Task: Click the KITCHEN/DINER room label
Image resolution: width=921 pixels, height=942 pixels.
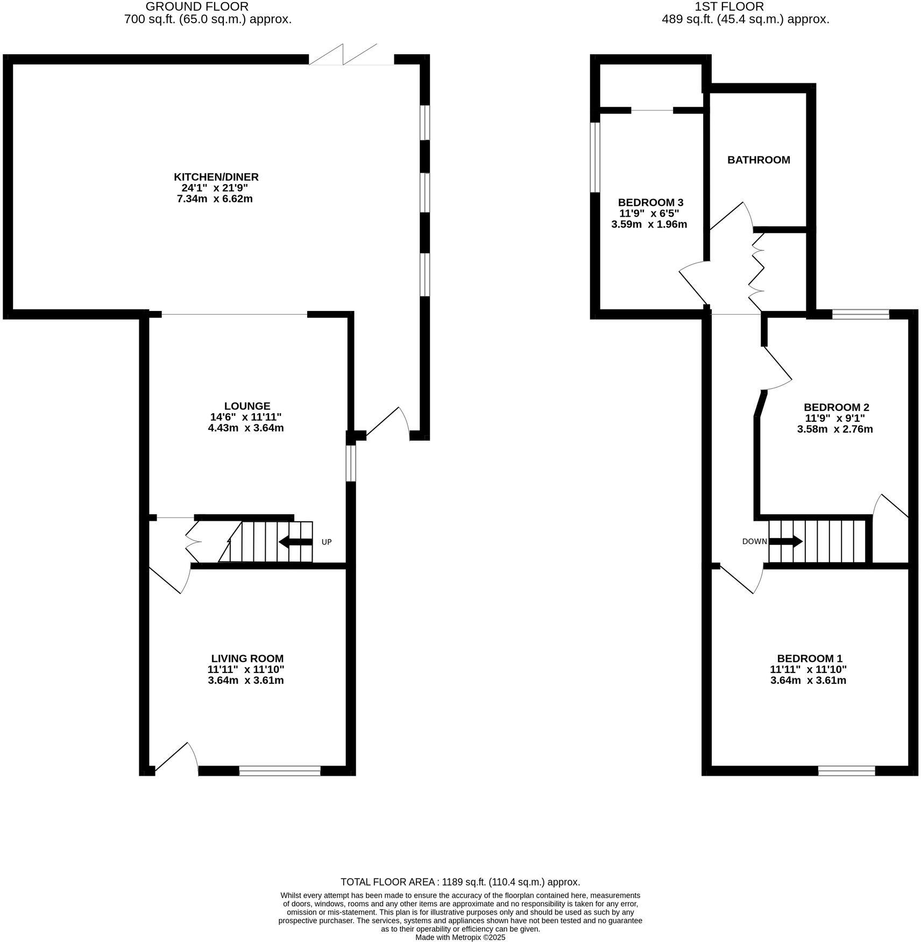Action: pos(216,177)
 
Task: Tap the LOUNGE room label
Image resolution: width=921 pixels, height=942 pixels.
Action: pos(247,406)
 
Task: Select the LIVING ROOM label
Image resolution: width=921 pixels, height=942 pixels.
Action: pos(247,658)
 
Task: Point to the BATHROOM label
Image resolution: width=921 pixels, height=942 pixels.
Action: pos(759,160)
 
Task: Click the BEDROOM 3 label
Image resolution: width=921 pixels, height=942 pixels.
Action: pos(650,203)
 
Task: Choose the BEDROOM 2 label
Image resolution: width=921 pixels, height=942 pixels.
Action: pos(836,407)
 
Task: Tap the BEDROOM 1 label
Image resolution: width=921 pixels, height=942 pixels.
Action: pos(809,658)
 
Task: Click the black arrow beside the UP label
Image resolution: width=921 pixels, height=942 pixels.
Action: pos(295,542)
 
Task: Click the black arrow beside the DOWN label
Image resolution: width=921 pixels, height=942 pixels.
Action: pos(787,541)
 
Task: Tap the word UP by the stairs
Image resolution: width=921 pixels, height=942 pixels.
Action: pos(327,542)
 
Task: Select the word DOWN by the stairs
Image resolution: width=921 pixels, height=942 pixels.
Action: pos(754,542)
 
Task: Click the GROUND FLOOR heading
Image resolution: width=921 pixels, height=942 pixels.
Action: pos(197,7)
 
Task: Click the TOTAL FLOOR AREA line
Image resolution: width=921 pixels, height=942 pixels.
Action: pos(460,882)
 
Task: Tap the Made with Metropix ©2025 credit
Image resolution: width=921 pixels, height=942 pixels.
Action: pos(460,937)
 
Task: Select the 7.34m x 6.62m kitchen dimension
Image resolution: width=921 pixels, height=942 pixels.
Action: pos(215,199)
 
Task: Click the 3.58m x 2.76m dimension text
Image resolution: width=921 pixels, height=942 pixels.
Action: pos(834,429)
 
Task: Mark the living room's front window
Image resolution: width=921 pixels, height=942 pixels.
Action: pos(280,771)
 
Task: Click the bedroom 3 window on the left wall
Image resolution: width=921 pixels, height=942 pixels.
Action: pos(595,157)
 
